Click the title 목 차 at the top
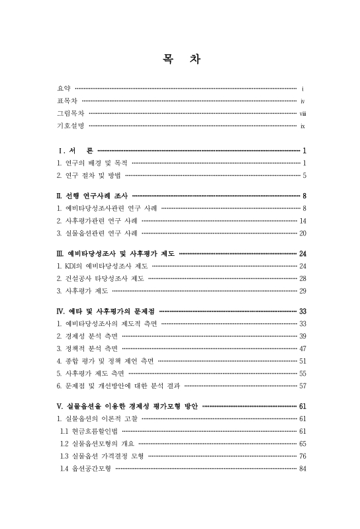[x=181, y=59]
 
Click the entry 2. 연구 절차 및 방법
[x=88, y=175]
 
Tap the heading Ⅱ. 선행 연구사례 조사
[x=93, y=196]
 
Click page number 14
[x=302, y=221]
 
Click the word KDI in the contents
[x=69, y=266]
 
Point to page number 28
[x=302, y=278]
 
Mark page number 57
[x=302, y=385]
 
